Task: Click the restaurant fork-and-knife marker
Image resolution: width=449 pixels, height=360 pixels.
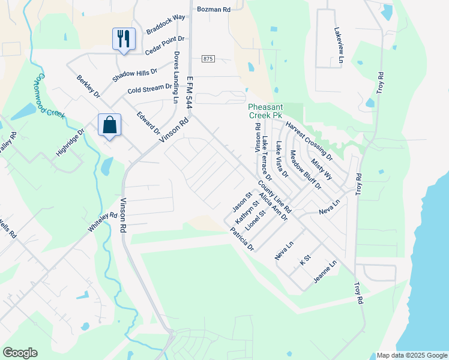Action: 124,38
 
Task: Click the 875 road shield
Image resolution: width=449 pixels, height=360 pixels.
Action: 208,58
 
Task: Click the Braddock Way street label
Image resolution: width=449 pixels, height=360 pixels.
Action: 165,33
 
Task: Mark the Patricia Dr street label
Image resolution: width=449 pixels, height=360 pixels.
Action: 243,239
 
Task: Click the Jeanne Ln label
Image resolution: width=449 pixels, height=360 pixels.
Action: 325,272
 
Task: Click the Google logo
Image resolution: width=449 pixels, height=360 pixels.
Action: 20,353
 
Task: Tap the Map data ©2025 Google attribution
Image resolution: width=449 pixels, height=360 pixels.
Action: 411,355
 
